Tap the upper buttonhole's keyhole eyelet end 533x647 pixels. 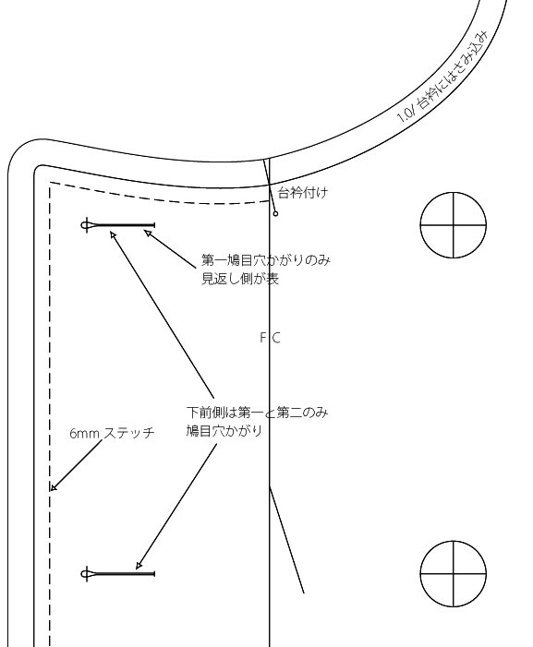coord(86,225)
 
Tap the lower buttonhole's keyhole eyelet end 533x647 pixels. coord(86,574)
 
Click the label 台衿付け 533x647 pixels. coord(304,193)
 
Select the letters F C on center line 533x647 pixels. coord(271,338)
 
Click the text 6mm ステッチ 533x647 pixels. coord(112,433)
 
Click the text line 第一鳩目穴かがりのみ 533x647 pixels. coord(266,260)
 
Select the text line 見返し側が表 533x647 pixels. coord(240,279)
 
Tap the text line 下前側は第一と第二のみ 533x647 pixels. coord(257,413)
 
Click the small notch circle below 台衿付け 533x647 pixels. coord(276,214)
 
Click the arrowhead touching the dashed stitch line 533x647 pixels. coord(53,487)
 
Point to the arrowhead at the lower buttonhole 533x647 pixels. coord(139,565)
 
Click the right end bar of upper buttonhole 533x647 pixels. coord(154,225)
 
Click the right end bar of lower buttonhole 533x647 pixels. coord(154,574)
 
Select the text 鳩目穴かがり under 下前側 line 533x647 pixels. coord(224,431)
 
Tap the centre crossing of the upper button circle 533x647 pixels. coord(454,225)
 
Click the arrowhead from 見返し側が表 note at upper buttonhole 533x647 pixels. coord(148,234)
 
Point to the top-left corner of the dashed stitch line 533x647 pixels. coord(50,182)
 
